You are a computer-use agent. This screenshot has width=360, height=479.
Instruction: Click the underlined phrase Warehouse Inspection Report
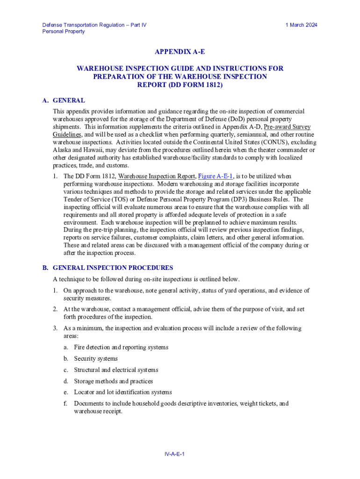[x=156, y=176]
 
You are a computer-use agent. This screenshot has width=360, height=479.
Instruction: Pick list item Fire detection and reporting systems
[x=121, y=347]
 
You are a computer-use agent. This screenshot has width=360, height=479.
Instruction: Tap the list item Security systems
[x=96, y=358]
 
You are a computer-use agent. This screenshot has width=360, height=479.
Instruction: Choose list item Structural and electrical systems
[x=116, y=370]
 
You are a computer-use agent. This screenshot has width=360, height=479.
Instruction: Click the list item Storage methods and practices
[x=113, y=381]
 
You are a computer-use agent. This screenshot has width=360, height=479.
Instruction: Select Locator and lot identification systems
[x=122, y=392]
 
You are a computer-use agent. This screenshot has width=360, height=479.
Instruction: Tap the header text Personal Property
[x=64, y=31]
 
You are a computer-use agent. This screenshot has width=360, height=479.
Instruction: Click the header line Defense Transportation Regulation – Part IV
[x=94, y=25]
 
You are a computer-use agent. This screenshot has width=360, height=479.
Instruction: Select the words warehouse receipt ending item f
[x=98, y=412]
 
